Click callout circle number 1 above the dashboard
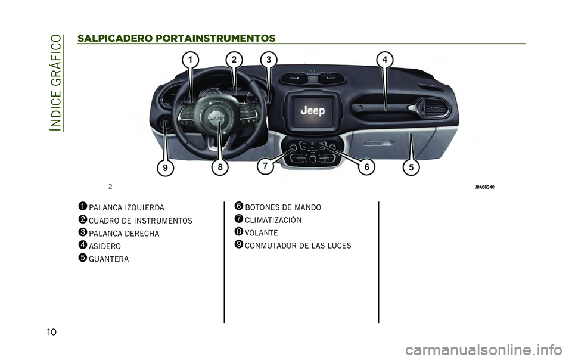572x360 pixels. pos(190,60)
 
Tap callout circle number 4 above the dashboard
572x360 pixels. pos(384,60)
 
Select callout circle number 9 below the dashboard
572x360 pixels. pos(165,167)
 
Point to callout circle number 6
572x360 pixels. pos(366,167)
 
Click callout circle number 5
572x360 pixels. pos(411,167)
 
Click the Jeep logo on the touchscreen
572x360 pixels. pos(313,110)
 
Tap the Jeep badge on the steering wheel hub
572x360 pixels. pos(216,119)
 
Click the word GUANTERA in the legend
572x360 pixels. pos(108,259)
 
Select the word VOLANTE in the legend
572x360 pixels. pos(261,232)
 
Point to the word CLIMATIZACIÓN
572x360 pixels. pos(273,219)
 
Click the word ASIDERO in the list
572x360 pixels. pos(105,246)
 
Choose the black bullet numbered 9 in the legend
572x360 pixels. pos(238,244)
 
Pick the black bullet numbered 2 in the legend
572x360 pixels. pos(82,219)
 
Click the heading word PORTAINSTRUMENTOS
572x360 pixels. pos(215,38)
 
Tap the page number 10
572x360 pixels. pos(52,331)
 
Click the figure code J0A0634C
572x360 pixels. pos(485,187)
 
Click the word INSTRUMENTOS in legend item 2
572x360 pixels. pos(163,221)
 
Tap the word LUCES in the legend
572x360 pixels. pos(339,246)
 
